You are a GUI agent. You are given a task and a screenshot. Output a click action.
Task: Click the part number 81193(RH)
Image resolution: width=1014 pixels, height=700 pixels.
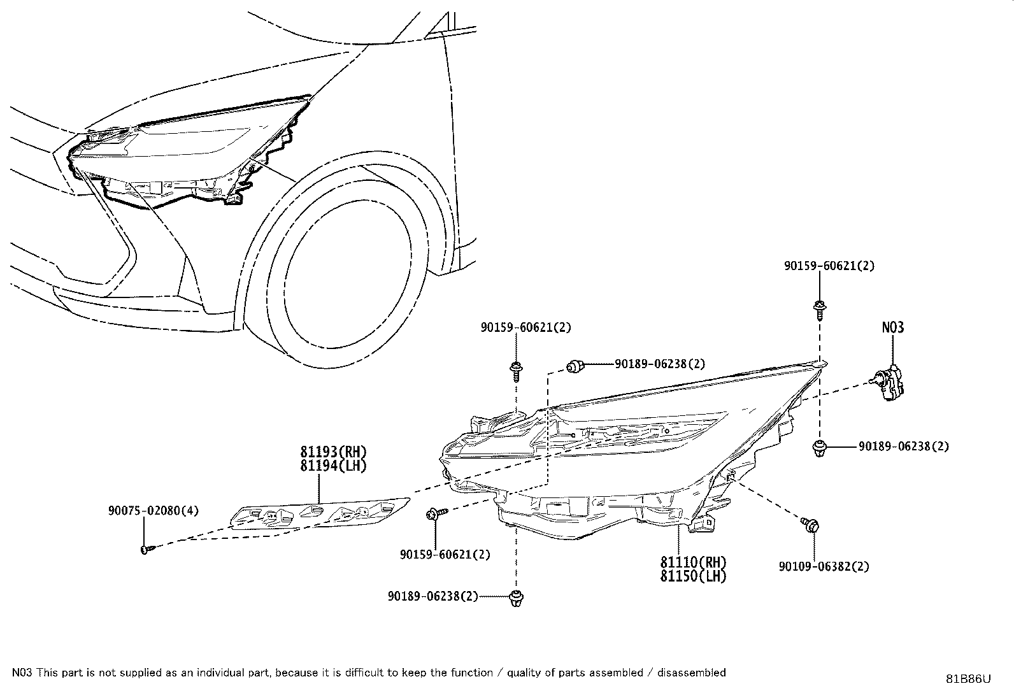334,452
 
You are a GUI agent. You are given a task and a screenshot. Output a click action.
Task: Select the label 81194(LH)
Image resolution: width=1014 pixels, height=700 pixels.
334,466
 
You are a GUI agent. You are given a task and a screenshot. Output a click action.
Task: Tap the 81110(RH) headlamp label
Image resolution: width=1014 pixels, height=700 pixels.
693,562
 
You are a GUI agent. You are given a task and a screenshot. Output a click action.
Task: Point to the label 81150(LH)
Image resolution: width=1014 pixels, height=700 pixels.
693,576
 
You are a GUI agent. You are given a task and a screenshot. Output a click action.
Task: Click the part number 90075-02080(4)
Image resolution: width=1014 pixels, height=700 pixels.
154,511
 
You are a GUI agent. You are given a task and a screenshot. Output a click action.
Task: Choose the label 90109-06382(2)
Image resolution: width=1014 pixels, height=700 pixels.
824,566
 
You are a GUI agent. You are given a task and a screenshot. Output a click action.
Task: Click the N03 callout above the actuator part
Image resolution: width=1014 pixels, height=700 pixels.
893,327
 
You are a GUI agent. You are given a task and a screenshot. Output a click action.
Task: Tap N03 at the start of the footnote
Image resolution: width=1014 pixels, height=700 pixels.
22,673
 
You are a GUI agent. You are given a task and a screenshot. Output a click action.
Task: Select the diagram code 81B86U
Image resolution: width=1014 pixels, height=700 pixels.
968,679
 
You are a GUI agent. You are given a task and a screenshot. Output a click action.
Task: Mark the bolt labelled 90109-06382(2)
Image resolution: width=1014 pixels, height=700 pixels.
810,525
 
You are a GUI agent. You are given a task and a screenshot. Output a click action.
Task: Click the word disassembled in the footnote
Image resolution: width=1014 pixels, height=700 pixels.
691,673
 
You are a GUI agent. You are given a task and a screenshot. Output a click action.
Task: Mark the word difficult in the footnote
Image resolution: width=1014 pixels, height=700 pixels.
364,673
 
